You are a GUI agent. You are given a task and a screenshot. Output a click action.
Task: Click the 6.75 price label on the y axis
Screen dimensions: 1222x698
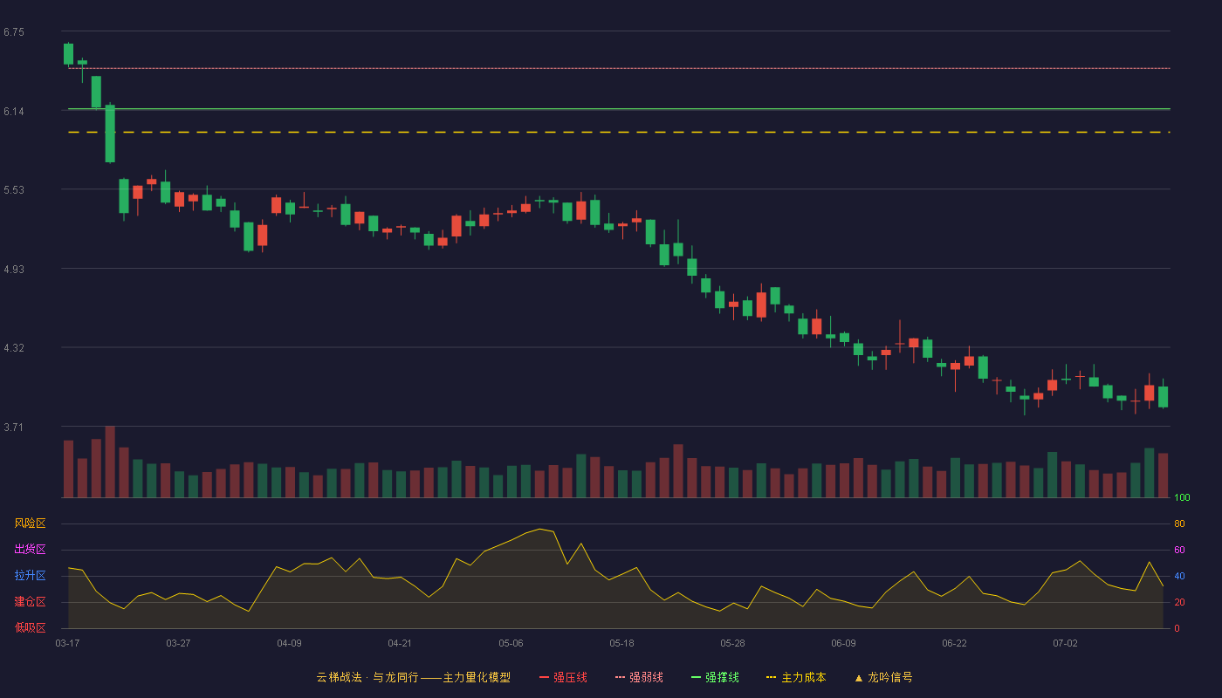[x=14, y=32]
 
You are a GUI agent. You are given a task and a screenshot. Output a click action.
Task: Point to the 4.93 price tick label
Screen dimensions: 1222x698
[x=14, y=270]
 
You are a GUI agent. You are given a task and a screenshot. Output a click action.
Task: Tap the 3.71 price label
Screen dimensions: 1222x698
[x=14, y=427]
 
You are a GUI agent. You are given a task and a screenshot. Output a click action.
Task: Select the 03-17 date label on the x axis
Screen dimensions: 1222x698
[x=68, y=644]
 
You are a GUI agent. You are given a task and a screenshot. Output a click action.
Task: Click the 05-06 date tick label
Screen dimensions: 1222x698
[x=511, y=644]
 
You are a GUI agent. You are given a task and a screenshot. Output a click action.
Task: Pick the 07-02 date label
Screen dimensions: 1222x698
[x=1065, y=644]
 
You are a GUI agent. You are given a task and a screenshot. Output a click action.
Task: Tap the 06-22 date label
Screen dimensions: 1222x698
[x=954, y=644]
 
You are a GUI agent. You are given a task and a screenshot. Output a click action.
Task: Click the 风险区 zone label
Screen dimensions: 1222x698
[x=30, y=523]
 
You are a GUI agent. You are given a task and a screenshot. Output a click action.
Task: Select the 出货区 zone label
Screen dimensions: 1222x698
[x=30, y=549]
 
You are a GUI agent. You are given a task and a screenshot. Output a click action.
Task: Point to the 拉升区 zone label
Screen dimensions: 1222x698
[x=30, y=575]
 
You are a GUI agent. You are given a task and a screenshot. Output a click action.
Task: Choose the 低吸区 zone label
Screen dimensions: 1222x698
[x=30, y=627]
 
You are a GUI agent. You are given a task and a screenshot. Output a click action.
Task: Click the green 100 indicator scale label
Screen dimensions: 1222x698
[x=1182, y=497]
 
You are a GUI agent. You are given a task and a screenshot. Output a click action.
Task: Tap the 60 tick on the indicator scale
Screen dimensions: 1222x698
[x=1179, y=550]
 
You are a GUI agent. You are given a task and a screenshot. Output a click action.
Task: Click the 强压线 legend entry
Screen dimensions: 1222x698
[x=563, y=677]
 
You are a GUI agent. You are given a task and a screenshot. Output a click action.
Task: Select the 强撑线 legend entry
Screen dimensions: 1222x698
[x=715, y=677]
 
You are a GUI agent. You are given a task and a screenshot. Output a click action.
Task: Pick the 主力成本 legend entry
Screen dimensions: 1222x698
[x=796, y=677]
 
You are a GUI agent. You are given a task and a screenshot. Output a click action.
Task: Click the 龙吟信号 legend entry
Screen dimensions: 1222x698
[x=883, y=677]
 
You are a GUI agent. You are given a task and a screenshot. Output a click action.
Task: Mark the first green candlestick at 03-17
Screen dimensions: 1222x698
[x=68, y=54]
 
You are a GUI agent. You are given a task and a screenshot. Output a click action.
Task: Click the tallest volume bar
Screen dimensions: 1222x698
[x=110, y=462]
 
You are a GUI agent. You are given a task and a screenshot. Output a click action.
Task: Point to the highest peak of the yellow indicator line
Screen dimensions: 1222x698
[x=539, y=529]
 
